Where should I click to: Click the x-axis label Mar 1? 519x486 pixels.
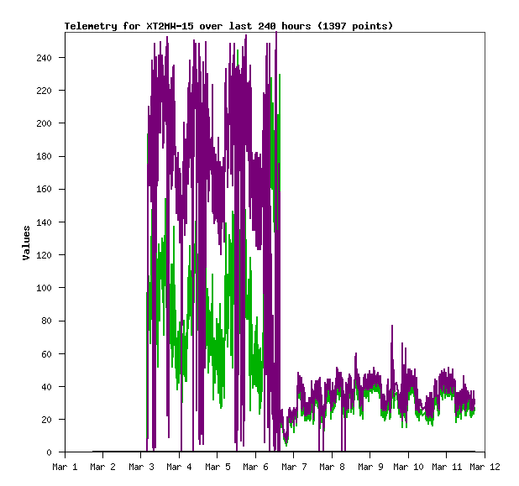coord(65,466)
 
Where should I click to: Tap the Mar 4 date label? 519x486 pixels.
coord(179,466)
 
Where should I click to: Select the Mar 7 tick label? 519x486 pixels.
coord(294,466)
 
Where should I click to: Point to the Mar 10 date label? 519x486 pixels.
coord(408,466)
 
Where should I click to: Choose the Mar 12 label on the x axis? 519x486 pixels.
coord(485,466)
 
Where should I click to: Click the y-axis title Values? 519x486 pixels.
coord(26,243)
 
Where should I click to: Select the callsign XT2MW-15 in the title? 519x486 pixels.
coord(169,26)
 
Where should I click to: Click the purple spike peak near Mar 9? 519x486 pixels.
coord(391,326)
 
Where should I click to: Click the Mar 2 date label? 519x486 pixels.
coord(102,466)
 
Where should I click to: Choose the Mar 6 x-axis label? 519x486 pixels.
coord(255,466)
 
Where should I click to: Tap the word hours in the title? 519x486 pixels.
coord(292,26)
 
